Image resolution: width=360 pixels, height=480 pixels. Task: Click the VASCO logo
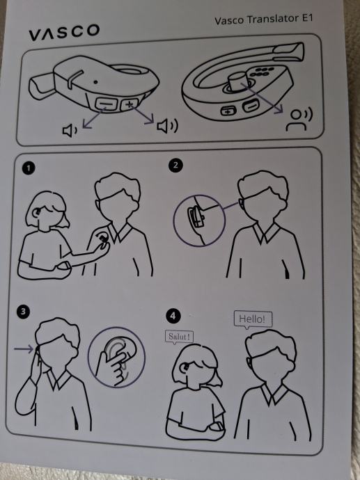[64, 32]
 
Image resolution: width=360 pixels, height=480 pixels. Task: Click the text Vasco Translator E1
[264, 19]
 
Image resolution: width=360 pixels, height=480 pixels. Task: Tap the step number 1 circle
[29, 168]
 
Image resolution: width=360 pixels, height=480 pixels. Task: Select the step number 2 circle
[175, 165]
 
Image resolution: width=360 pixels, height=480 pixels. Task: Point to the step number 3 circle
[23, 312]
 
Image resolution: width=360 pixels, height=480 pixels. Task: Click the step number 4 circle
[173, 316]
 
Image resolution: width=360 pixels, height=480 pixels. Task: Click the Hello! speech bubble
[253, 320]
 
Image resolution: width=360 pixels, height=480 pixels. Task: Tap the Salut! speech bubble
[179, 337]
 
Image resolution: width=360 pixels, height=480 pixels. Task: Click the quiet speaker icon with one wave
[70, 130]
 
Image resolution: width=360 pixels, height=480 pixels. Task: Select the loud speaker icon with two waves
[167, 126]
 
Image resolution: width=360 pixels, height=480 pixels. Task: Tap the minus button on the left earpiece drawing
[107, 104]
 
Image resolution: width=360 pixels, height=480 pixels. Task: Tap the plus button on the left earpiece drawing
[130, 104]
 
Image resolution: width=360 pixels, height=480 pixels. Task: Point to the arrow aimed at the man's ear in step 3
[24, 349]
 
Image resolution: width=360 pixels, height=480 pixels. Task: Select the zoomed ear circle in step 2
[199, 221]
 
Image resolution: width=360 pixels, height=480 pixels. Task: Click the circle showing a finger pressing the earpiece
[117, 358]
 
